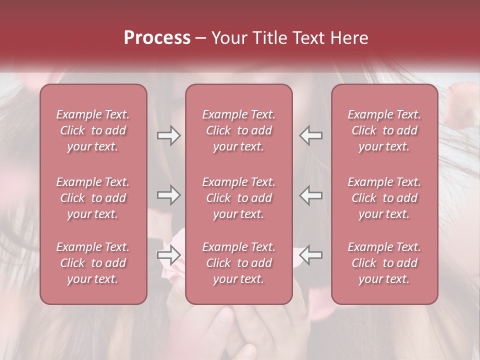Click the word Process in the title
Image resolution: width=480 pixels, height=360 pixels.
click(x=157, y=38)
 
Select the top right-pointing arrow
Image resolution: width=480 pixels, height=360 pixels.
click(x=168, y=135)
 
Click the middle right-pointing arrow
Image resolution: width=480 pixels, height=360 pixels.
click(x=168, y=195)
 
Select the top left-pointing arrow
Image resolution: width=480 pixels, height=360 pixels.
click(x=311, y=135)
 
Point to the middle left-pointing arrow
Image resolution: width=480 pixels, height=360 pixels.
click(x=311, y=195)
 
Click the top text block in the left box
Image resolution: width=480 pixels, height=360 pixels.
click(x=93, y=130)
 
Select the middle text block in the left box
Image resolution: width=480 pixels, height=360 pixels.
click(x=93, y=198)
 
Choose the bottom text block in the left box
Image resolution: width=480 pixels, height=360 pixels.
click(x=93, y=263)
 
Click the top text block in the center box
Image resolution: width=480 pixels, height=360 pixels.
click(x=239, y=130)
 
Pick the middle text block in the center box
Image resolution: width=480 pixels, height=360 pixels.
click(x=239, y=198)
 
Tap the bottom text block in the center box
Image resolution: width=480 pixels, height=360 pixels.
click(x=239, y=263)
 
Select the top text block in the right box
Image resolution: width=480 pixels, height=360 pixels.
click(x=384, y=130)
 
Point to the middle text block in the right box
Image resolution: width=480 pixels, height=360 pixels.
click(x=384, y=198)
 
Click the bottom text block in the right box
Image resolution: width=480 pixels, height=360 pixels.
click(x=384, y=263)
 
